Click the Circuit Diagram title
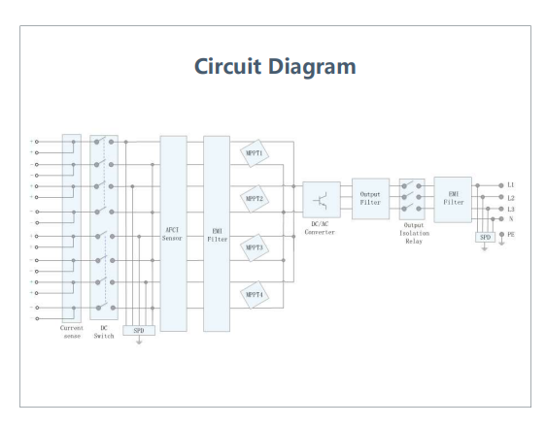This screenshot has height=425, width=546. coord(275,66)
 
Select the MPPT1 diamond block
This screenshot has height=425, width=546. coord(255,153)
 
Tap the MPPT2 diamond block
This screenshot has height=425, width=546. coord(255,199)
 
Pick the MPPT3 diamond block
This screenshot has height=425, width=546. coord(255,247)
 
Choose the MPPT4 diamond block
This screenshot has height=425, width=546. coord(255,295)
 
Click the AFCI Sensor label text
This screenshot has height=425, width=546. coord(172,234)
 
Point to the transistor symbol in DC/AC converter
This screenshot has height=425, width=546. coord(321,200)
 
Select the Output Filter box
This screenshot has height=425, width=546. coord(370,199)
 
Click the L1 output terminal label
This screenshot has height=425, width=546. coord(510,185)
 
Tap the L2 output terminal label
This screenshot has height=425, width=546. coord(510,198)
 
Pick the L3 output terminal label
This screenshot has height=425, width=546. coord(510,209)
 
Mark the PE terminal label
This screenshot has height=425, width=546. coord(510,235)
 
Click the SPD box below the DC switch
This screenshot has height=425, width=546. coord(139,330)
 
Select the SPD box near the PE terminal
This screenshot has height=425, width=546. coord(485,237)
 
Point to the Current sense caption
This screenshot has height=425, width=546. coord(72,332)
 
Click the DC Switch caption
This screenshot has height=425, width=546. coord(104,332)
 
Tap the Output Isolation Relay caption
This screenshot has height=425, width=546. coord(414,233)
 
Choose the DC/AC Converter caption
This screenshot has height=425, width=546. coord(320,228)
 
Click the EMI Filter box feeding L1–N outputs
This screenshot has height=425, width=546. coord(453,200)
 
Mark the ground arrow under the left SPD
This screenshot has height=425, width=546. coord(139,341)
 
